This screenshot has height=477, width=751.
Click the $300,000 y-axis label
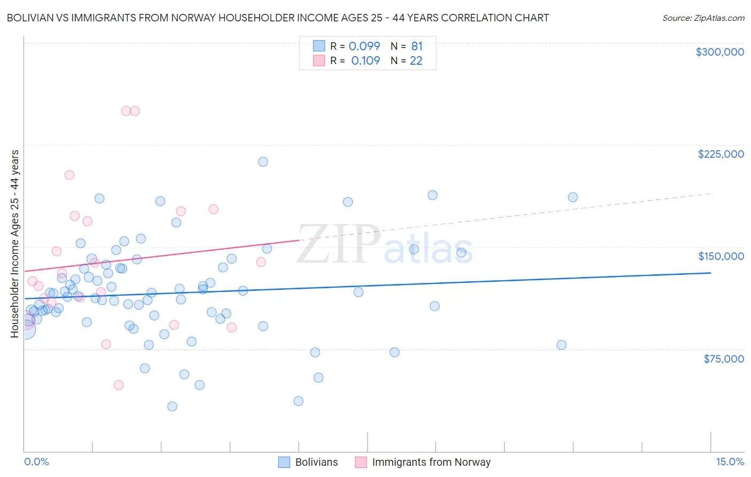[x=719, y=52]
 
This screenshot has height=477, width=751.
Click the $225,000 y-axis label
[x=721, y=154]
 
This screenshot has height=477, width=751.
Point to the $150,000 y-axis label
[x=721, y=256]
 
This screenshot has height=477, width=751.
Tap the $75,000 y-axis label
[x=723, y=359]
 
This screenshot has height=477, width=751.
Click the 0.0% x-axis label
[x=36, y=461]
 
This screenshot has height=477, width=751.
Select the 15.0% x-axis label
[x=730, y=461]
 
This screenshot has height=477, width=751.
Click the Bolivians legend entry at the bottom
[x=316, y=462]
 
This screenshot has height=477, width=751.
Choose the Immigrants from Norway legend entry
[x=431, y=462]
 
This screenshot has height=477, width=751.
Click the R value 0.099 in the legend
[x=364, y=46]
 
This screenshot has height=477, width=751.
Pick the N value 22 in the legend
[x=416, y=60]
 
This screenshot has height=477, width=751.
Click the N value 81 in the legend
[x=417, y=46]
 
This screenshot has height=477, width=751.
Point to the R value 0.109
[x=365, y=60]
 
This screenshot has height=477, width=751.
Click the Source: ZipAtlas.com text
[x=703, y=18]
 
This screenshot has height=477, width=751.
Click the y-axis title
[x=14, y=244]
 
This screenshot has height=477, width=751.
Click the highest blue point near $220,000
[x=263, y=161]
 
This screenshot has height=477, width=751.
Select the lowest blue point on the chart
[x=172, y=406]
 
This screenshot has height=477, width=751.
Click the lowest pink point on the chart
[x=119, y=385]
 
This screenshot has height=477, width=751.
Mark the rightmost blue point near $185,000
[x=573, y=197]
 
